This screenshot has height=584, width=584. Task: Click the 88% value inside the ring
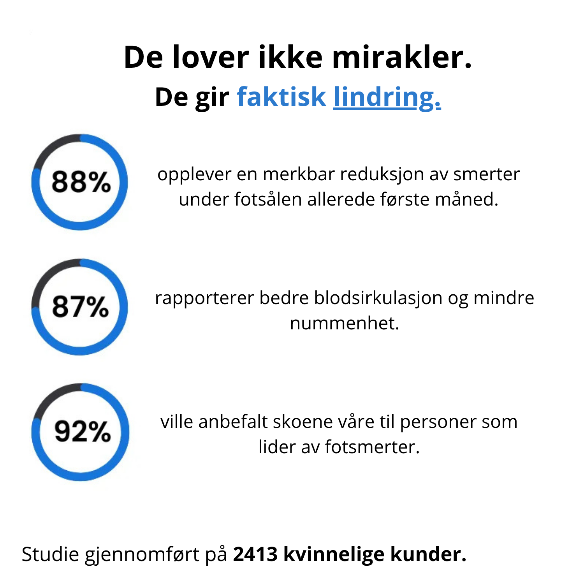tap(81, 182)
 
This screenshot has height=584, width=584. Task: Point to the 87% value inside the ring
tap(80, 306)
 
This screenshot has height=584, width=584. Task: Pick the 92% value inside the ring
tap(82, 431)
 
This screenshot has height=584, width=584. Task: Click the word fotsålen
tap(269, 199)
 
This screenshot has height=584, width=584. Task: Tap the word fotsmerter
tap(372, 447)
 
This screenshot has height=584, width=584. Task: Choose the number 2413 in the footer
tap(255, 554)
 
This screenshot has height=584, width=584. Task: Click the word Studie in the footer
tap(50, 554)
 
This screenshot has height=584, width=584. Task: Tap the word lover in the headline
tap(210, 58)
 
